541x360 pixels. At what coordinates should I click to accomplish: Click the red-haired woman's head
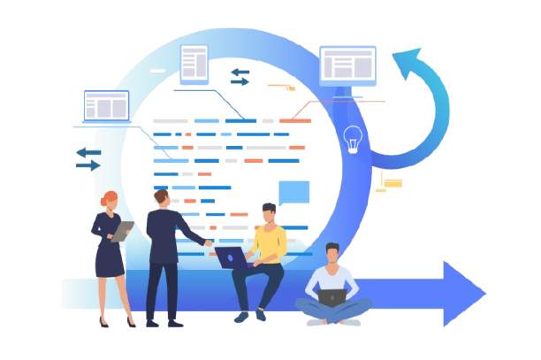click(109, 201)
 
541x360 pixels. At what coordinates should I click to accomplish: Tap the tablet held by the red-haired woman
click(123, 230)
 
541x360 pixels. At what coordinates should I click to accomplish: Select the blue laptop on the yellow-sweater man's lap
click(232, 257)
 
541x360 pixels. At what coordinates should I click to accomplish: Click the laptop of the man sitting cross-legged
click(331, 297)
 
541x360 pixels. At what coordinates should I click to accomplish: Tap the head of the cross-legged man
click(331, 255)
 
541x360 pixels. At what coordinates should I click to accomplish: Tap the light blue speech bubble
click(293, 192)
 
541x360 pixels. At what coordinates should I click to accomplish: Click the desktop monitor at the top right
click(347, 65)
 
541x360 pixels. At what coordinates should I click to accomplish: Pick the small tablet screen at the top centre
click(194, 62)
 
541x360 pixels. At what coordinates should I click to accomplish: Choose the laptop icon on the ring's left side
click(105, 107)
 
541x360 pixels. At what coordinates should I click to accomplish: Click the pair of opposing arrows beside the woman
click(88, 158)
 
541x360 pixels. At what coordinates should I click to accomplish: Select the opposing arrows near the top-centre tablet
click(240, 76)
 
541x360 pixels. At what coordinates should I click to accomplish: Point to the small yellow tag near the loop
click(392, 182)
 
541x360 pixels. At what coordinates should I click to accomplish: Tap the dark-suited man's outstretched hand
click(209, 241)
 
